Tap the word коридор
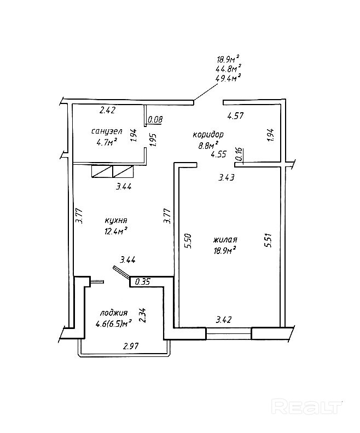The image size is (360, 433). point(208,135)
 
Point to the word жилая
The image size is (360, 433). point(225,240)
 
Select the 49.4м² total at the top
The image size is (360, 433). point(229,78)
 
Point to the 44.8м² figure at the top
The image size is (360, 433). point(229,68)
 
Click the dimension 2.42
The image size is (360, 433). point(107,110)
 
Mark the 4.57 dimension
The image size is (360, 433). point(236,116)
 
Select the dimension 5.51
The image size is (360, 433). point(268,241)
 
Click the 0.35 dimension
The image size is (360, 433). point(142,283)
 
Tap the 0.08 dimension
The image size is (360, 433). point(155,119)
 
